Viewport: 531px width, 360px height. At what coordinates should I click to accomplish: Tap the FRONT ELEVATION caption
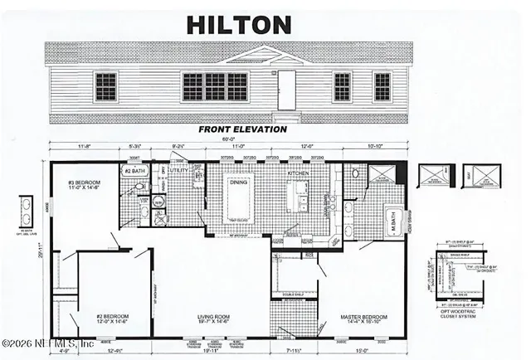(243, 129)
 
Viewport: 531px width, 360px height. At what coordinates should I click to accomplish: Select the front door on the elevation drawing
(286, 86)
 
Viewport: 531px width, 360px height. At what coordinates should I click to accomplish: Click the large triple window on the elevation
(205, 86)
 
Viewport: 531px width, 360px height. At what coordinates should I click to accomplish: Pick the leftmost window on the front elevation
(105, 85)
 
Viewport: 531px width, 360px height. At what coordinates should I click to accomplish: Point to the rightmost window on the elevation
(382, 85)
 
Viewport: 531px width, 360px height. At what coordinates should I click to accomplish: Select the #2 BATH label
(134, 172)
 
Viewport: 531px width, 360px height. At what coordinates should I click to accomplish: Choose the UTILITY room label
(179, 171)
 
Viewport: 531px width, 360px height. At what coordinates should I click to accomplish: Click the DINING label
(238, 183)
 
